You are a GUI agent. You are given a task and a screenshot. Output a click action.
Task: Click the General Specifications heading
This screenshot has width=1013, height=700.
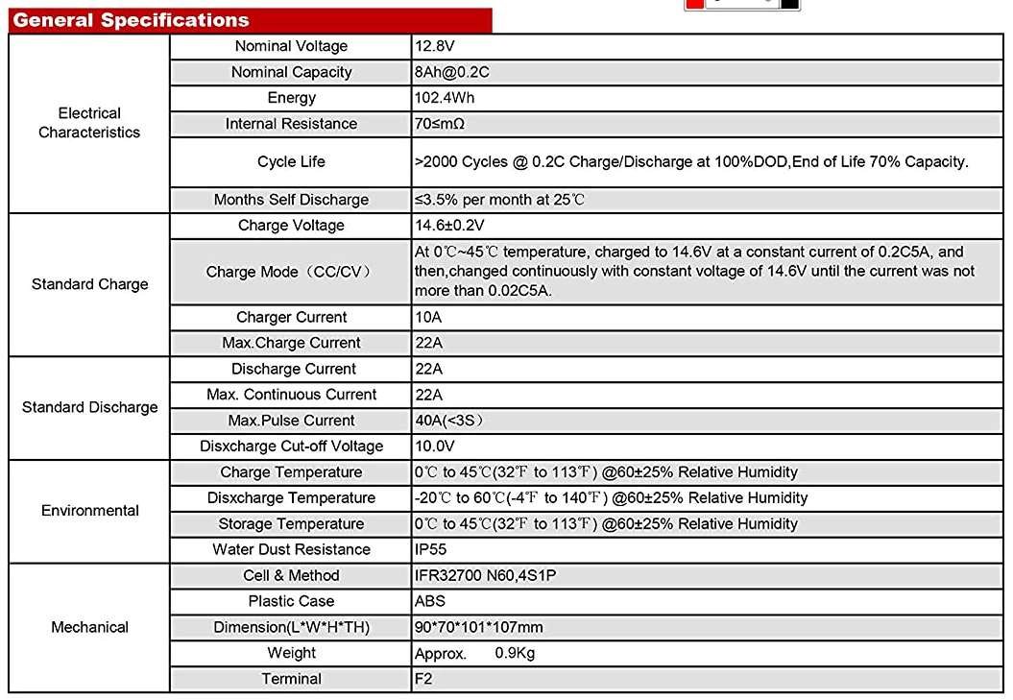pos(131,20)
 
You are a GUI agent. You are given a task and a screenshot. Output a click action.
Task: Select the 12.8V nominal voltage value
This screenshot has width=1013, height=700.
pos(435,46)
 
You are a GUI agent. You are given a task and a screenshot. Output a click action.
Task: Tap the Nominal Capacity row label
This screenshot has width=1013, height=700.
pos(291,72)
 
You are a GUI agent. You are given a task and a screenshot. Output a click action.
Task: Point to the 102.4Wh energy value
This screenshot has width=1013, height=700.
pos(445,98)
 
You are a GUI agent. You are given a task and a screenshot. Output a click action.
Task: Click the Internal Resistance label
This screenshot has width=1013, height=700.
pos(291,124)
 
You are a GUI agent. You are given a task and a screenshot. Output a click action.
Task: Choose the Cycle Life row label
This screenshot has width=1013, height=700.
pos(291,161)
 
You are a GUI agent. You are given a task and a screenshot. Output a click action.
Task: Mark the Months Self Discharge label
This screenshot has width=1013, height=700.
pos(291,200)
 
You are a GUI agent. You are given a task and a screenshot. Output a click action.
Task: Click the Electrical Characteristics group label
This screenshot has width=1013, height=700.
pos(89,123)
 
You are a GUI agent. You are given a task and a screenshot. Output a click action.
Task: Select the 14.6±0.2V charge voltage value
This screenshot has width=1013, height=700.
pos(449,226)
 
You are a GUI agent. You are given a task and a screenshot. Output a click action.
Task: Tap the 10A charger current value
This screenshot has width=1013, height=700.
pos(428,317)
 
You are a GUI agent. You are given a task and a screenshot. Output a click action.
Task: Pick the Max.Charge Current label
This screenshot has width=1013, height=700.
pos(291,343)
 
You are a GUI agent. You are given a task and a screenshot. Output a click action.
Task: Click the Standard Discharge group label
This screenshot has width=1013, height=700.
pos(89,407)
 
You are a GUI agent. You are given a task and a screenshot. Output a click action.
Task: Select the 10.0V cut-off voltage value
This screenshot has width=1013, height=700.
pos(435,447)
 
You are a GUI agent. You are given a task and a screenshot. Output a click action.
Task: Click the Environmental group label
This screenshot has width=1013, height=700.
pos(89,511)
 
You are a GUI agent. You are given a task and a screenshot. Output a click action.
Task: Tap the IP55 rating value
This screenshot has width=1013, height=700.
pos(431,549)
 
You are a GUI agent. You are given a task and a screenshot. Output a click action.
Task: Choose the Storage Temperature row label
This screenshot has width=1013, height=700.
pos(291,523)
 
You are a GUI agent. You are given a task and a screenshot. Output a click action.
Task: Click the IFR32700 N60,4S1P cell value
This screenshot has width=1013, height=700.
pos(485,575)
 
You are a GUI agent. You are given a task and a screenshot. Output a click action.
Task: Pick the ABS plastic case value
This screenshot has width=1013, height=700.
pos(430,601)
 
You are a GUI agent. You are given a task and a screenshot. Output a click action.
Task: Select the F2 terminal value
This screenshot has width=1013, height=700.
pos(423,679)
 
